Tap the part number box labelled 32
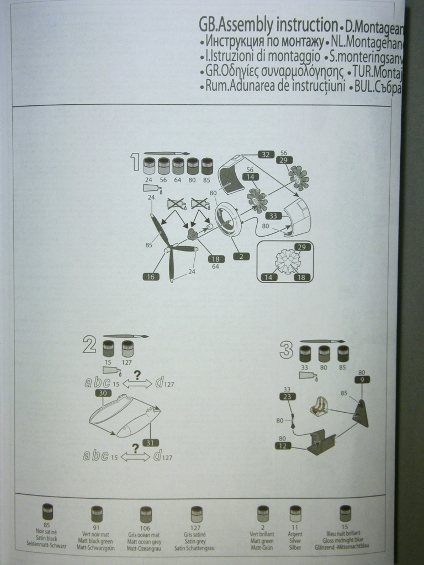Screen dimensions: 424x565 pyautogui.click(x=266, y=154)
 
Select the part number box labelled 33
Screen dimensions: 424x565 pyautogui.click(x=274, y=216)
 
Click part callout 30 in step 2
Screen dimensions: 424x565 pyautogui.click(x=103, y=393)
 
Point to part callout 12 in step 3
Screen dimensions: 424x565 pyautogui.click(x=282, y=446)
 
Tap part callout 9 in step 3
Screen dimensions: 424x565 pyautogui.click(x=362, y=380)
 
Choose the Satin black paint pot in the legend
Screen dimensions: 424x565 pyautogui.click(x=48, y=511)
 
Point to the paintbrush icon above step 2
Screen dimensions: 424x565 pyautogui.click(x=126, y=336)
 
